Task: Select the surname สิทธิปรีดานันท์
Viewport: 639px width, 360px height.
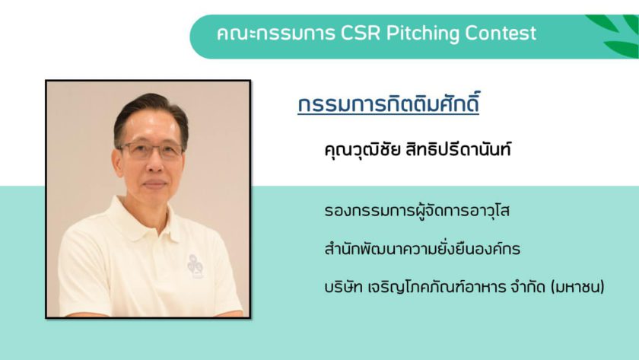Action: [458, 149]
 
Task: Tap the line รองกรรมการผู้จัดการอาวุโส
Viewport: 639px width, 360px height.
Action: [417, 211]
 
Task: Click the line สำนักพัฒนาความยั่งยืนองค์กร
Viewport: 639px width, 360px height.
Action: [422, 247]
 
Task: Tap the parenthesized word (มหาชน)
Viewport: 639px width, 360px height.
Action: [577, 287]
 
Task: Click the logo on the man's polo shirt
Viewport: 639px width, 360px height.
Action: [196, 266]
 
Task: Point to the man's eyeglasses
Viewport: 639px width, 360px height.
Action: [150, 151]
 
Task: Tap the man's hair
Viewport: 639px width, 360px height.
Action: [151, 114]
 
